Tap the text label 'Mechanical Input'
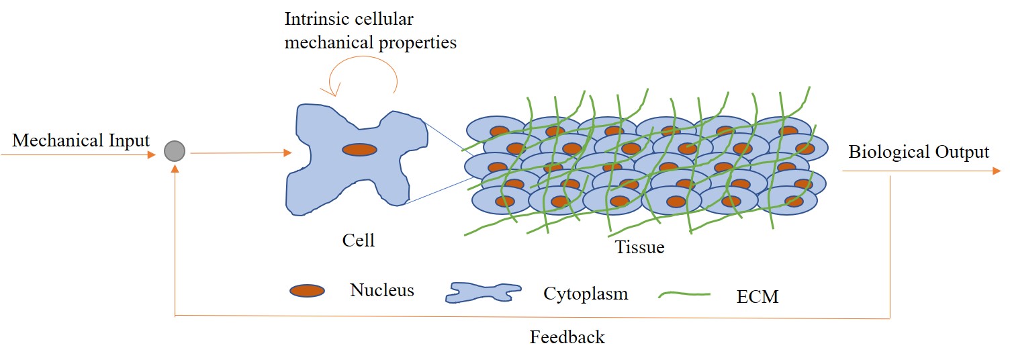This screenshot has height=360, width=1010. pos(81,141)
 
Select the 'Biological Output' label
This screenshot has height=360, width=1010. pos(919,152)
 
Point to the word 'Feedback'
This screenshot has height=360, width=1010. pos(567,336)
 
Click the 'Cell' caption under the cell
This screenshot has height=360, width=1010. pos(358,240)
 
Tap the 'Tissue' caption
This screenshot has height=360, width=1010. pos(639,247)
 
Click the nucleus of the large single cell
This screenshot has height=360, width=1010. pos(359,150)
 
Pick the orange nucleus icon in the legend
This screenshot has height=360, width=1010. pos(308,291)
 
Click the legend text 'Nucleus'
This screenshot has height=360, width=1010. pos(381,290)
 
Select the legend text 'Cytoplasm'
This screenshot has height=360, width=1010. pos(586,294)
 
